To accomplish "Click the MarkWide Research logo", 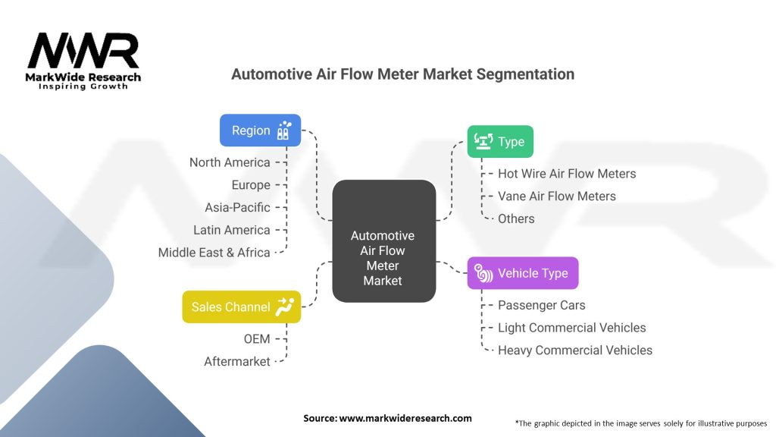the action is pyautogui.click(x=83, y=61).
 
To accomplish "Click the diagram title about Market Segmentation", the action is pyautogui.click(x=402, y=74).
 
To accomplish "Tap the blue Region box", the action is pyautogui.click(x=260, y=130).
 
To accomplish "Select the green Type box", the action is pyautogui.click(x=500, y=142).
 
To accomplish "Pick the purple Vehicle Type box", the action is pyautogui.click(x=523, y=273).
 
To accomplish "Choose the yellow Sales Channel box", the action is pyautogui.click(x=241, y=307).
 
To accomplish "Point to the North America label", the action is pyautogui.click(x=230, y=162).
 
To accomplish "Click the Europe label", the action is pyautogui.click(x=251, y=185).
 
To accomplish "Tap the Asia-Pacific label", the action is pyautogui.click(x=237, y=207).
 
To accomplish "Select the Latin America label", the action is pyautogui.click(x=231, y=230).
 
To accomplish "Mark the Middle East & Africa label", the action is pyautogui.click(x=214, y=253).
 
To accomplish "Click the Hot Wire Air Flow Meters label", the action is pyautogui.click(x=567, y=174).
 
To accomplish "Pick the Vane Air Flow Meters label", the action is pyautogui.click(x=556, y=196).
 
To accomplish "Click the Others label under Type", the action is pyautogui.click(x=516, y=218).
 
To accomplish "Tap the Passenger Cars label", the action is pyautogui.click(x=541, y=305).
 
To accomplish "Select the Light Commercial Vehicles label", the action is pyautogui.click(x=571, y=328).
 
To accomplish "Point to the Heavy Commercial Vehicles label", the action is pyautogui.click(x=574, y=350).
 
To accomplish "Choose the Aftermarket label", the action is pyautogui.click(x=237, y=362).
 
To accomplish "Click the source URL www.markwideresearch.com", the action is pyautogui.click(x=405, y=418).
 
